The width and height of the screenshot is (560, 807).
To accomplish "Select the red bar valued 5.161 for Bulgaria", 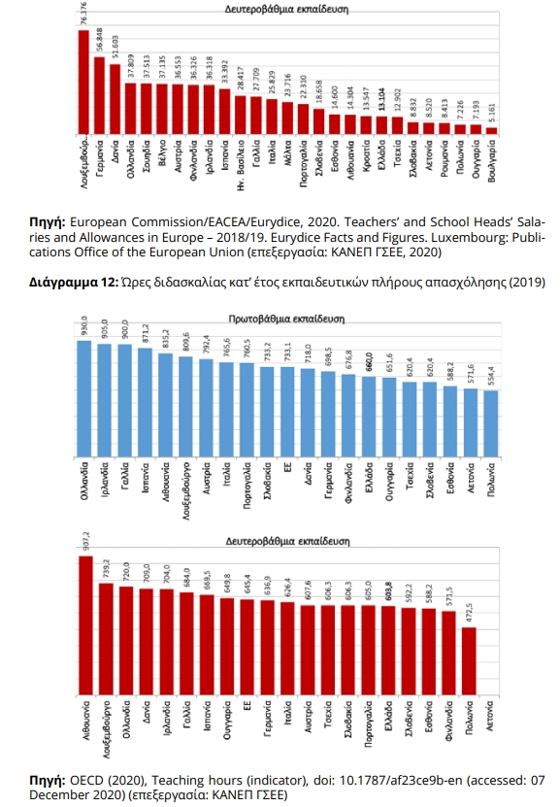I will tap(491, 129).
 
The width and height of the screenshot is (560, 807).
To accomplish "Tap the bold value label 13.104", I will tap(382, 102).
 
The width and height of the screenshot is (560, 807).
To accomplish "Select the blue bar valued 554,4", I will tap(491, 422).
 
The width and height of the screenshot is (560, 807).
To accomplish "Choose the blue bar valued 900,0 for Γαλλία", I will tap(124, 400).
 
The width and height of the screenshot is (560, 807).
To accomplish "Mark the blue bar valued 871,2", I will tap(145, 402).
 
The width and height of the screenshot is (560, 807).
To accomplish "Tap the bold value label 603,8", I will tap(389, 591).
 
